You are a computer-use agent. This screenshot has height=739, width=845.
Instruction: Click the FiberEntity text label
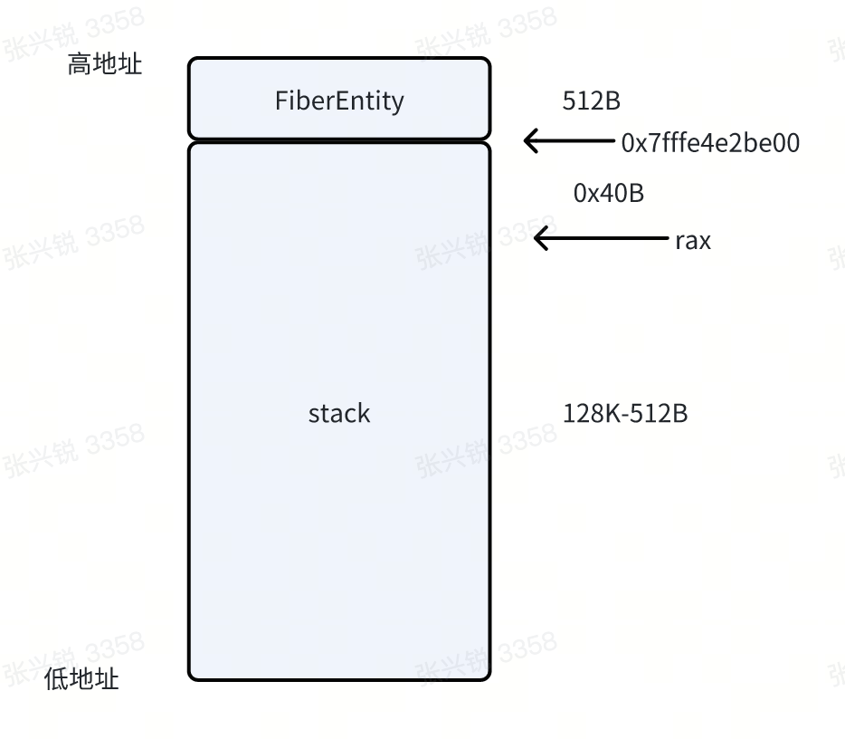coord(339,100)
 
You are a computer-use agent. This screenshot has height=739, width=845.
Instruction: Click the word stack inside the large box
coord(339,414)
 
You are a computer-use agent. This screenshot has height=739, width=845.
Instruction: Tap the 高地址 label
coord(105,64)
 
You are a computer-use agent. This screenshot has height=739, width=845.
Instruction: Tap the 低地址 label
coord(81,679)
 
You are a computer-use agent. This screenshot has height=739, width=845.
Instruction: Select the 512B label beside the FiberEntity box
coord(592,101)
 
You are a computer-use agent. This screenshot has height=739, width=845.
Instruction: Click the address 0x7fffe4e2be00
coord(710,143)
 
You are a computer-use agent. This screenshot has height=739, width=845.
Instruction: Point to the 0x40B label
coord(609,193)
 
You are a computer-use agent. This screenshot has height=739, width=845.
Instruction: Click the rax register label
coord(693,241)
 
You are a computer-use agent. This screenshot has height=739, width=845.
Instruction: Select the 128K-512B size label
coord(625,414)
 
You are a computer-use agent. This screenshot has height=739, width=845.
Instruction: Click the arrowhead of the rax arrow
coord(538,238)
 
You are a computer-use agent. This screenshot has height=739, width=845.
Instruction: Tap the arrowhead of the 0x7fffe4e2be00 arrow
coord(528,141)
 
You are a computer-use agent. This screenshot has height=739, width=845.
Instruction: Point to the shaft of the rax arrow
coord(606,238)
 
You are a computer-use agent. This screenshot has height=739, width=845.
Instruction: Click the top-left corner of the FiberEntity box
coord(190,60)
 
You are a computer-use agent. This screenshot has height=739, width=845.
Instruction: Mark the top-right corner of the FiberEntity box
coord(489,60)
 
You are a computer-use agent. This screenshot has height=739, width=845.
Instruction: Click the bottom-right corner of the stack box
coord(489,678)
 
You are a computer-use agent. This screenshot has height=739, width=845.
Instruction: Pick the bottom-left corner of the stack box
coord(190,678)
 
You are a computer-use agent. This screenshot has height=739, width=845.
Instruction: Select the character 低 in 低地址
coord(56,679)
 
